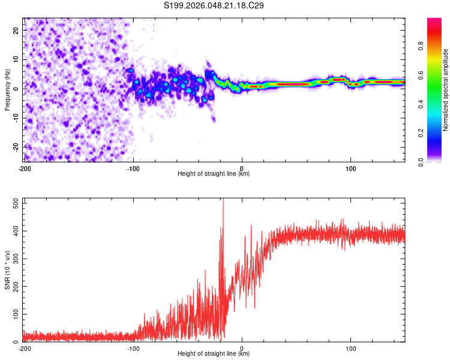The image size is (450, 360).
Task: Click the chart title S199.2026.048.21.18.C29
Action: point(214,5)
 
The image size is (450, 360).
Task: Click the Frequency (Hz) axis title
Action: point(7,90)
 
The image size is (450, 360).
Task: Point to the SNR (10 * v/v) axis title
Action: point(7,270)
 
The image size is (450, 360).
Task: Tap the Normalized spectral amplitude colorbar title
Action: point(446,90)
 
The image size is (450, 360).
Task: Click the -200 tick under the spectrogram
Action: point(25,167)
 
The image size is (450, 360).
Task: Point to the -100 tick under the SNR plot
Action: point(133,347)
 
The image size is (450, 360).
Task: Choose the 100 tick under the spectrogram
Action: point(350,167)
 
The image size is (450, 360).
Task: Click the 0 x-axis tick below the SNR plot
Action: point(242,347)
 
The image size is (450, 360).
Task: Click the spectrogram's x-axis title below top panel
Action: point(214,173)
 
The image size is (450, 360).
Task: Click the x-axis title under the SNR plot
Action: point(214,353)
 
